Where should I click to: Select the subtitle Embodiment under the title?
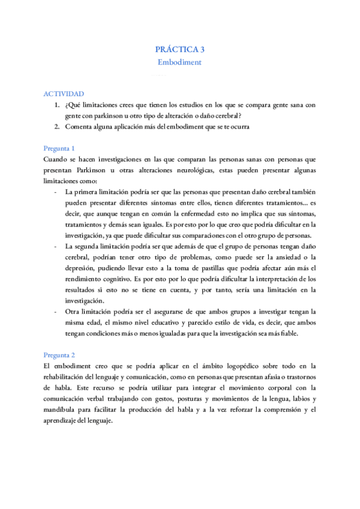click(179, 62)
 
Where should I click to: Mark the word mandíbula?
click(62, 409)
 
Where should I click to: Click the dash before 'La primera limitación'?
click(55, 192)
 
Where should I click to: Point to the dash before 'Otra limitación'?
click(55, 312)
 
